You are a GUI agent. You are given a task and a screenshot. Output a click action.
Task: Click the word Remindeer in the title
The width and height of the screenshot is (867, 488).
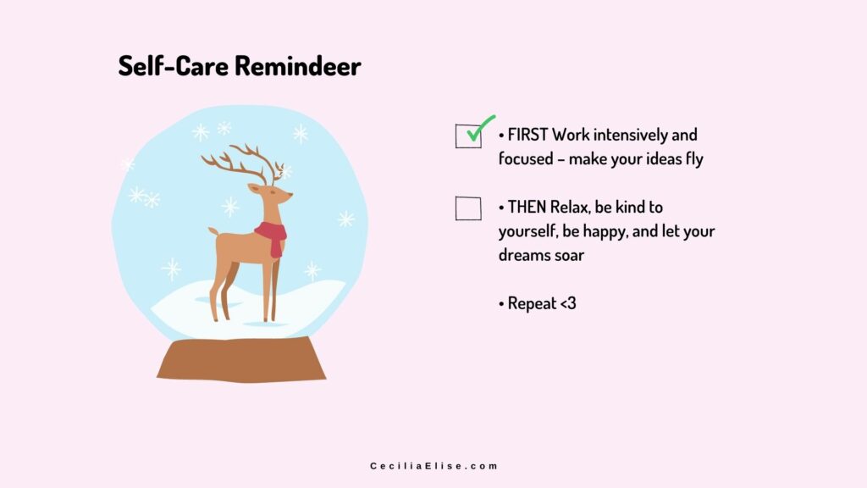tap(298, 66)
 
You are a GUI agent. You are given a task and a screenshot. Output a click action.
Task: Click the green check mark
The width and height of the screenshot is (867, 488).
tap(479, 129)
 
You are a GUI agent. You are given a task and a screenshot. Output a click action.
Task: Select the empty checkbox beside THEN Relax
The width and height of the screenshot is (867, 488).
tap(468, 208)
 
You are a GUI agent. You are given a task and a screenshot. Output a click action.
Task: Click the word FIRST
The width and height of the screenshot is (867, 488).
tap(527, 135)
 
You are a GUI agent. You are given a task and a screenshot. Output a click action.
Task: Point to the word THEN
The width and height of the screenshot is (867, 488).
tap(527, 207)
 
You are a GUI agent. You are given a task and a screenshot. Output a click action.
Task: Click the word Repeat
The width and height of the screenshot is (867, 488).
tap(532, 304)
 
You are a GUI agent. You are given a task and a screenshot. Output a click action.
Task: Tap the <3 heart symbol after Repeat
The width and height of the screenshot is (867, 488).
tap(568, 303)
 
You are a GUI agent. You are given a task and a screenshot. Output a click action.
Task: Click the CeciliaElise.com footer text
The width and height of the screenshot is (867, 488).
tap(434, 466)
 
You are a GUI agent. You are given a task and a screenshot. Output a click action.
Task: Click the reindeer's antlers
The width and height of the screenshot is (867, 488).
tap(243, 164)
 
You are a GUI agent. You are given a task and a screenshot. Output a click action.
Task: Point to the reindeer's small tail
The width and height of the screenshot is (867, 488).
tap(213, 230)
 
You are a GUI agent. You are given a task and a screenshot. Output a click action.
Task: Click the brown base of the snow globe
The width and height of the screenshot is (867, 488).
tap(241, 359)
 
